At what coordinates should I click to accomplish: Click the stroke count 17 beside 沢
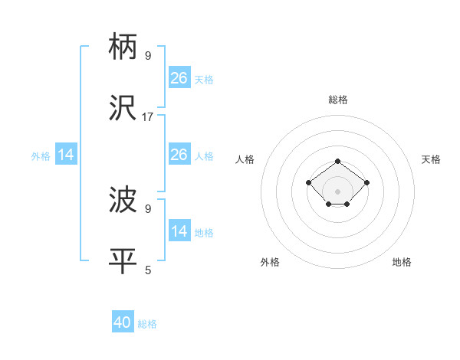pos(148,117)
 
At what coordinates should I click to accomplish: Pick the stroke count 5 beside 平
pos(148,270)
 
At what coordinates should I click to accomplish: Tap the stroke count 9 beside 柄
pos(148,55)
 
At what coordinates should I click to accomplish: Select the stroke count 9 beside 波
pos(148,208)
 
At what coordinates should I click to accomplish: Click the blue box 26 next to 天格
pos(179,78)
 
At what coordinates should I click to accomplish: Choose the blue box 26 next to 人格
pos(179,155)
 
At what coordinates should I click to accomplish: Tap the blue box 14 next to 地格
pos(179,231)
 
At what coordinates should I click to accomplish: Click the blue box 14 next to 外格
pos(66,155)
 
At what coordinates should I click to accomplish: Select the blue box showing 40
pos(123,322)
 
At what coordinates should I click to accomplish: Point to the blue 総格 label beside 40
pos(147,324)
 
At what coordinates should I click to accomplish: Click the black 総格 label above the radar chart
pos(338,100)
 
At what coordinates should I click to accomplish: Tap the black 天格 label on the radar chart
pos(431,159)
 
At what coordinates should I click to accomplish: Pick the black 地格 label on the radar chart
pos(402,262)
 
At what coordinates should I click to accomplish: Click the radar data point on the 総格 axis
pos(338,161)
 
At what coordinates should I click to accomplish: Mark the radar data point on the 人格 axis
pos(309,182)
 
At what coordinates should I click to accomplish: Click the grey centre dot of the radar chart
pos(338,191)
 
